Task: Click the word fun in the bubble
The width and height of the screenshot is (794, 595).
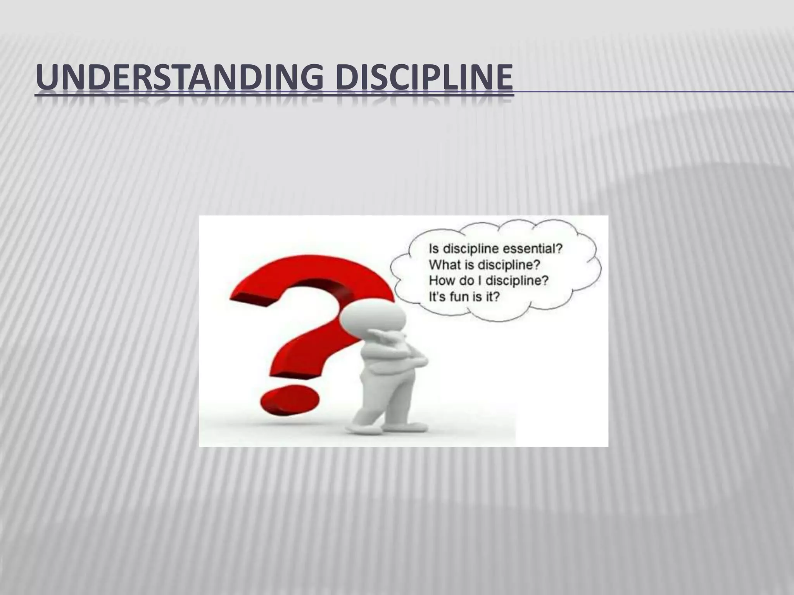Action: (463, 297)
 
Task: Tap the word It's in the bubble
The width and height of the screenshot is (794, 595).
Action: (438, 297)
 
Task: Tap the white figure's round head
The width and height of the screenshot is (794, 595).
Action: (372, 321)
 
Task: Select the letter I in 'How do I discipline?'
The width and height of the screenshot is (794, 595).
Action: (480, 280)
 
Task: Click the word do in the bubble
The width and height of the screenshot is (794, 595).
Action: (466, 280)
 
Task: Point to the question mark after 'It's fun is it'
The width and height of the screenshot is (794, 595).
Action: (497, 297)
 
